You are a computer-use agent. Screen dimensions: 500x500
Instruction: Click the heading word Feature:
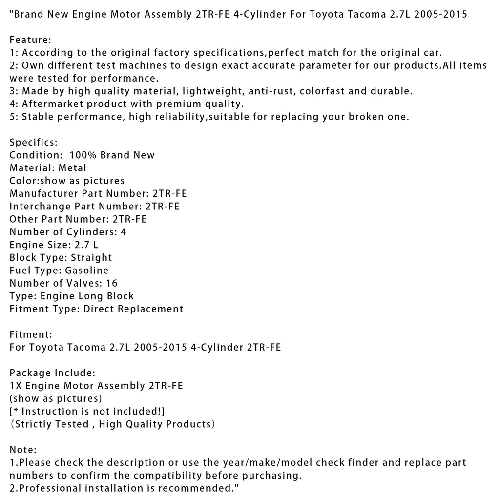30,40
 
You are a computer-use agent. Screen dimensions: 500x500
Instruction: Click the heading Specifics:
34,143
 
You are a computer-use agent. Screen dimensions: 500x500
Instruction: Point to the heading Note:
23,450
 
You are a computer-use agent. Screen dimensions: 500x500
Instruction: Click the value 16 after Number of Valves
111,283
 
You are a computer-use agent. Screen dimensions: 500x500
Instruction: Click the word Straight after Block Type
91,258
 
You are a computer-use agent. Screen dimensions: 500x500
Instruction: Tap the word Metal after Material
72,168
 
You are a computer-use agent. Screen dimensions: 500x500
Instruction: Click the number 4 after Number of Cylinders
124,232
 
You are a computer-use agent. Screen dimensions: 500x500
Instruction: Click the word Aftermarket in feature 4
48,104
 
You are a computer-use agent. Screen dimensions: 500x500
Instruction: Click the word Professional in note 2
47,488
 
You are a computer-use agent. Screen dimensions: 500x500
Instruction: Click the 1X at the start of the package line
16,386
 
